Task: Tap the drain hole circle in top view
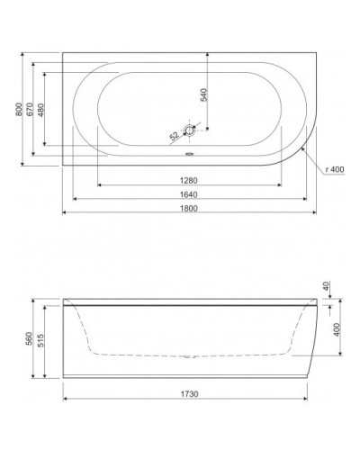point(191,130)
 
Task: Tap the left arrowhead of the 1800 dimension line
point(64,215)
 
